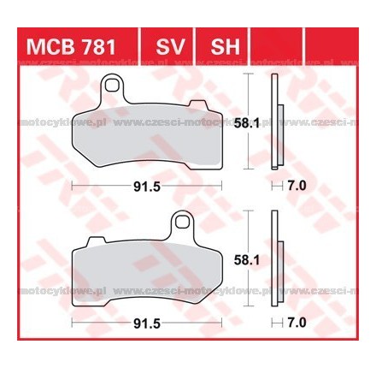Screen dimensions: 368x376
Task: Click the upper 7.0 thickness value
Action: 297,184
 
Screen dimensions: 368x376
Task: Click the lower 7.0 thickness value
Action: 297,324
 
